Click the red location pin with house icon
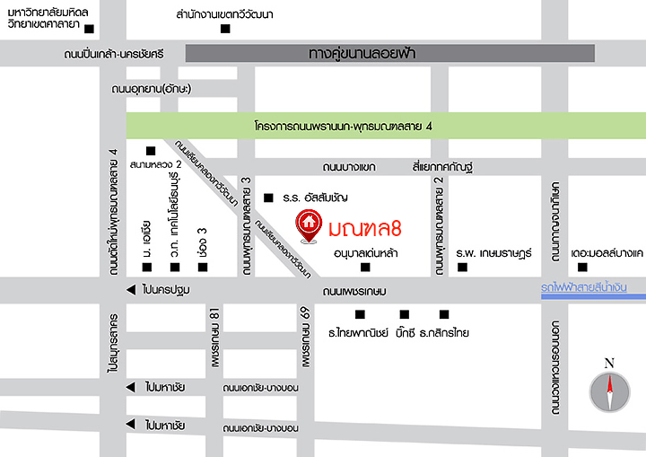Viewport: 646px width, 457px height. (309, 225)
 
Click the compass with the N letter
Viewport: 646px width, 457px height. (609, 391)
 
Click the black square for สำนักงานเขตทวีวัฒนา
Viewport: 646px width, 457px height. (225, 29)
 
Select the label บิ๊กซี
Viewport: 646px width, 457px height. (404, 332)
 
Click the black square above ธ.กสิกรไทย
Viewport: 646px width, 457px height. (443, 313)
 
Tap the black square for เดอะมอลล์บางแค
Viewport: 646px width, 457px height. (582, 268)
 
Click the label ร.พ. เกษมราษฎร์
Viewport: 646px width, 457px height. (494, 253)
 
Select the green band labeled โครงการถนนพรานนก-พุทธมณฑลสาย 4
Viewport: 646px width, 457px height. (385, 125)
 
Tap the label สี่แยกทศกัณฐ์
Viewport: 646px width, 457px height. (441, 167)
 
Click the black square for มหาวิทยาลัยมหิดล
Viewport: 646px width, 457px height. (89, 29)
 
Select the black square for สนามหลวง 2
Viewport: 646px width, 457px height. (150, 150)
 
